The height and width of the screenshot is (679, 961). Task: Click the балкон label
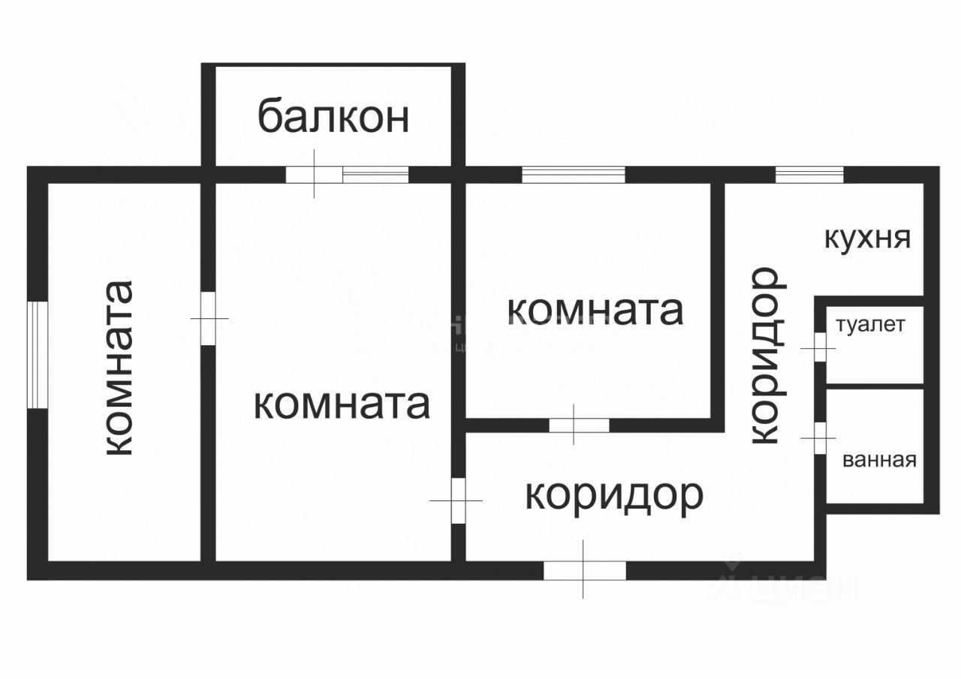pos(334,117)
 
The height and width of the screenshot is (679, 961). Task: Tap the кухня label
pos(868,239)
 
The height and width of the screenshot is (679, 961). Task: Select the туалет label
pos(871,326)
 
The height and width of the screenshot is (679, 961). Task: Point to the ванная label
pos(880,460)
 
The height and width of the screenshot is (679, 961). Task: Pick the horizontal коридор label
pos(614,495)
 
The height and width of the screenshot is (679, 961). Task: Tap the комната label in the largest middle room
pos(342,404)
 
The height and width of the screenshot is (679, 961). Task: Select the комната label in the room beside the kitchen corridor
pos(595,310)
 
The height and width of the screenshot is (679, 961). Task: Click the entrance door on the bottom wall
pos(584,570)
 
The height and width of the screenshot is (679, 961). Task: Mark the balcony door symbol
pos(315,174)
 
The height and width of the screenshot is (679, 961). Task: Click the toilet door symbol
pos(820,347)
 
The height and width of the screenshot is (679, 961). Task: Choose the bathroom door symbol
pos(820,438)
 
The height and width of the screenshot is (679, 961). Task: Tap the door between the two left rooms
pos(209,319)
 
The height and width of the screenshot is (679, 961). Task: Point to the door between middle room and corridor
pos(457,500)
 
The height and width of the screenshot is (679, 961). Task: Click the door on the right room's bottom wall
pos(579,425)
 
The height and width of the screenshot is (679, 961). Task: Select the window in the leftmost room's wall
pos(37,355)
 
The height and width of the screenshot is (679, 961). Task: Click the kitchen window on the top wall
pos(809,175)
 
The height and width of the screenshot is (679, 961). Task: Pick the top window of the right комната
pos(573,175)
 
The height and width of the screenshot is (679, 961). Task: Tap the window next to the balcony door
pos(375,175)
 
